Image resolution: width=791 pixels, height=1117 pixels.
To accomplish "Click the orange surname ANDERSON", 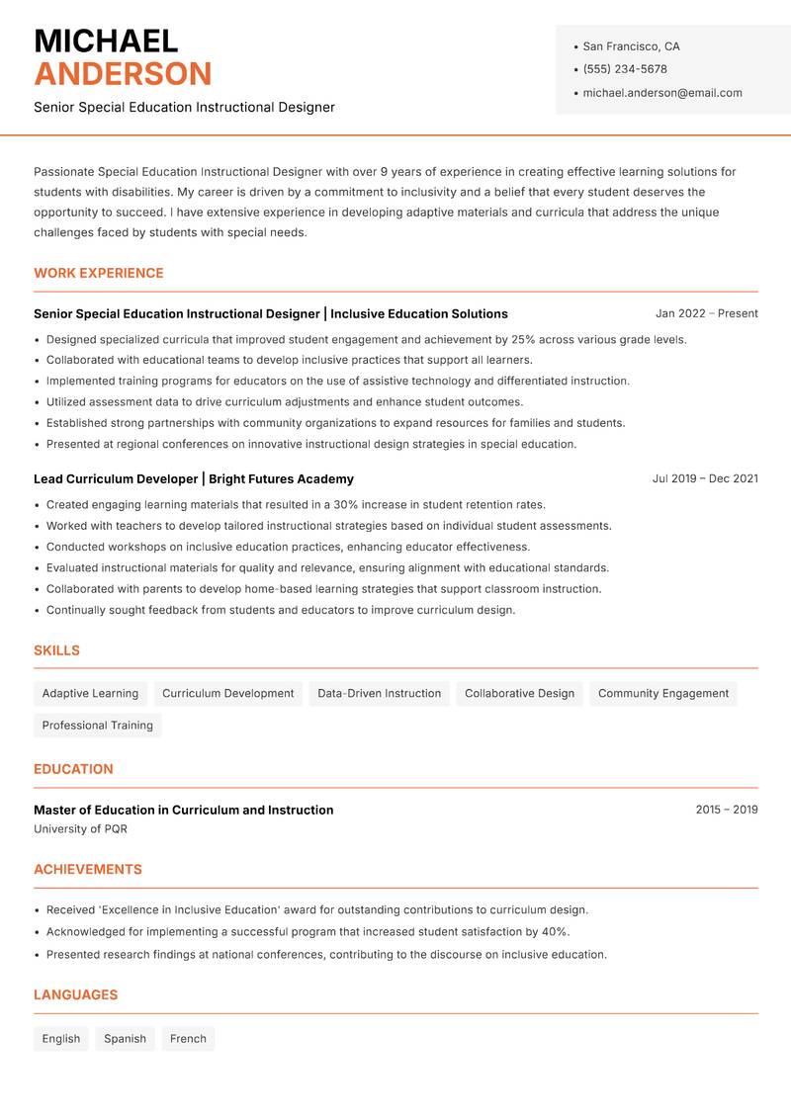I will pos(123,74).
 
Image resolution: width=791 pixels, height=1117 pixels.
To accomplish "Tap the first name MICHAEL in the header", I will pos(106,41).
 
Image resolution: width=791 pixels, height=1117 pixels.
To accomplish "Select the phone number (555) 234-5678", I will pos(625,69).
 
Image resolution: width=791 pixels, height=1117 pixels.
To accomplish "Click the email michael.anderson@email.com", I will pos(661,93).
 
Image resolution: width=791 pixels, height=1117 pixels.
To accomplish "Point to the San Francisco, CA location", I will pos(631,46).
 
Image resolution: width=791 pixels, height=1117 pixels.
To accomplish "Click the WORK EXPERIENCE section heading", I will pos(99,273).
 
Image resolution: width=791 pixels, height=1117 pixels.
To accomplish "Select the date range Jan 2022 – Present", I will pos(706,313).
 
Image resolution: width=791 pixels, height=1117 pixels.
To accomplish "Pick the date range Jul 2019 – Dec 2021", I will pos(705,478).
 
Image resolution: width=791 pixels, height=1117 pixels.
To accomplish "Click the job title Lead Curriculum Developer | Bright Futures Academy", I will pos(194,478).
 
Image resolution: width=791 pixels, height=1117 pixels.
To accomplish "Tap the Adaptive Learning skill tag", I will pos(90,693).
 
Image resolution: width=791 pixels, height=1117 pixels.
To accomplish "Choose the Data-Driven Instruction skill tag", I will pos(379,693).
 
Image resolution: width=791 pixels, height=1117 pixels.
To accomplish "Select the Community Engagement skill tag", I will pos(663,693).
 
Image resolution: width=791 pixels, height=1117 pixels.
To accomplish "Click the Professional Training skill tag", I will pos(98,725).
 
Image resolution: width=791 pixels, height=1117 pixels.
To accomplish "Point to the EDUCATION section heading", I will pos(73,769).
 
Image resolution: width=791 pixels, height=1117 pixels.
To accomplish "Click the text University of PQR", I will pos(80,829).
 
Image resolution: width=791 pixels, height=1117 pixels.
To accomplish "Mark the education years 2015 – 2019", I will pos(726,810).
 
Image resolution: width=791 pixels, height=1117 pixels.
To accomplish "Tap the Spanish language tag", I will pos(125,1039).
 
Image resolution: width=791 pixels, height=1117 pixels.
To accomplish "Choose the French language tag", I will pos(188,1039).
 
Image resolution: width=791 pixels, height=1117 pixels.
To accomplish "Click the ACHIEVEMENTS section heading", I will pos(88,870).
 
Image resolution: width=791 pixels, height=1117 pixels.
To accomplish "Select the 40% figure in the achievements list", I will pos(555,931).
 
